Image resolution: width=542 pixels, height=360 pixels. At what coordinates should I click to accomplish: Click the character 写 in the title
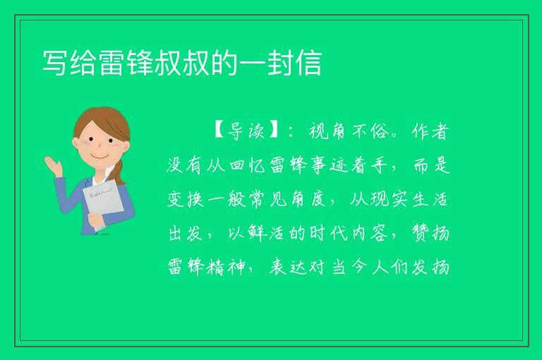click(55, 63)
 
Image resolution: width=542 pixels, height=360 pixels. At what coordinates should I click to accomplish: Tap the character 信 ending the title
click(308, 63)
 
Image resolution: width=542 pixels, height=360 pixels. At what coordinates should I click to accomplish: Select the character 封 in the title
click(280, 63)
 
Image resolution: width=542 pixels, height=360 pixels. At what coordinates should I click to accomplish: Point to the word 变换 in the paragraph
click(186, 200)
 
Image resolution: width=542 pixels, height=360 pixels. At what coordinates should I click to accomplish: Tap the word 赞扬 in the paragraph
click(430, 234)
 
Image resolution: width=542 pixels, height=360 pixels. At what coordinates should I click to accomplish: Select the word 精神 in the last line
click(227, 268)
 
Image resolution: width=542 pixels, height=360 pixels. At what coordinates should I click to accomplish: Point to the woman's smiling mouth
click(99, 156)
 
